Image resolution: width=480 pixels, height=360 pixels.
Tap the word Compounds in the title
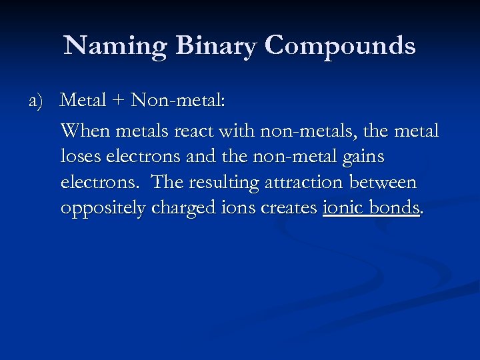(340, 46)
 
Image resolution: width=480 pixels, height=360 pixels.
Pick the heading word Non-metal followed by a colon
(179, 101)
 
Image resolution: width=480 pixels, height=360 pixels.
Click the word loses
(79, 157)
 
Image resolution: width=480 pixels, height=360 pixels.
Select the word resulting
(220, 182)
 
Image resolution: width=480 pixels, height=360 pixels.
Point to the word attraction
(301, 182)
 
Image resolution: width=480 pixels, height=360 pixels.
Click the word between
(382, 182)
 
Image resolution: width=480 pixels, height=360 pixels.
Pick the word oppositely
(103, 208)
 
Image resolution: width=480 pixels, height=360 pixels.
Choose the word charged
(181, 208)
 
